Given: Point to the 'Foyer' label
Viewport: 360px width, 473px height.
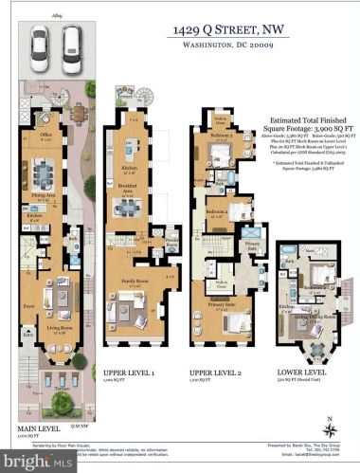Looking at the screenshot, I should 28,306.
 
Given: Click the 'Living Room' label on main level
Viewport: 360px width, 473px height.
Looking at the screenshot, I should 61,328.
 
